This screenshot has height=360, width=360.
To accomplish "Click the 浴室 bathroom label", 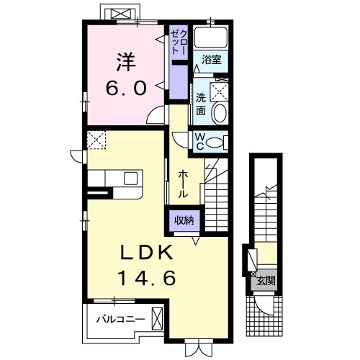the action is coord(211,60).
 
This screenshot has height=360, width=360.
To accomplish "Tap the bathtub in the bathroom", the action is coord(211,37).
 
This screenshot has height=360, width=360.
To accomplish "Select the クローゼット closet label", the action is coord(178,41).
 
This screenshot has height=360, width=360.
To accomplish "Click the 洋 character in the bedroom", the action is coord(127,62).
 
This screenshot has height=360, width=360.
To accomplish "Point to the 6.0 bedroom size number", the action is coord(126,88).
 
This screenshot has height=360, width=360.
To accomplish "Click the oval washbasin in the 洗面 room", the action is coord(220,113).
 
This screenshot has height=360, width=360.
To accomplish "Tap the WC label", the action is coord(199,142).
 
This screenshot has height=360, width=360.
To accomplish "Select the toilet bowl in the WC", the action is coord(215,143).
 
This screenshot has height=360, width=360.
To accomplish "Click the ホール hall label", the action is coord(183,184).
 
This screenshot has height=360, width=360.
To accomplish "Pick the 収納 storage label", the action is coord(184,220).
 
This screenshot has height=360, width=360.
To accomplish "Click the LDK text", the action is coord(147,253).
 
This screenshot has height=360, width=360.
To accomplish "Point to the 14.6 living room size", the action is coord(147,278).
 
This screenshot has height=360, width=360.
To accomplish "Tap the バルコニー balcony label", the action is coord(121,319).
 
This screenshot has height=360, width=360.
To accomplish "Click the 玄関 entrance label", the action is coord(266,280).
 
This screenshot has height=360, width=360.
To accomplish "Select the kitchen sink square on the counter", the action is coord(131,179).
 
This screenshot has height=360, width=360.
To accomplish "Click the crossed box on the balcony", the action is coord(157,319).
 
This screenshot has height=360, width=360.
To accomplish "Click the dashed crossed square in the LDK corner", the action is coord(96,140).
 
